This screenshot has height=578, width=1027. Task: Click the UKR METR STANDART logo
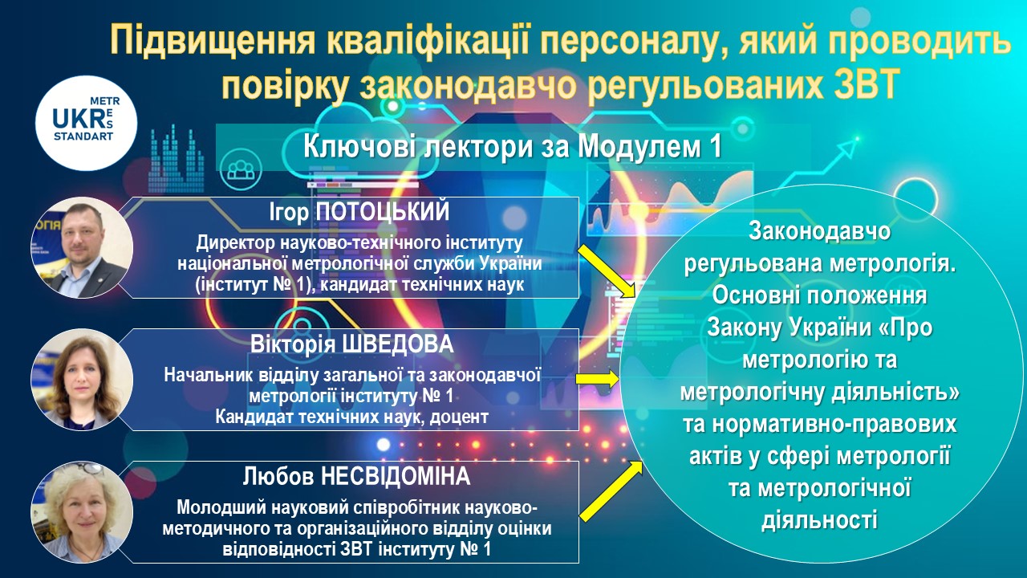coord(86,124)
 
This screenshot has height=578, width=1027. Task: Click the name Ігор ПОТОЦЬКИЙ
coord(359,213)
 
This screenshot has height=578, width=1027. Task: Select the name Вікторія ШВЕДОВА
coord(351,344)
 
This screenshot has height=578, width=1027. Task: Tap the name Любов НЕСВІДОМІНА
coord(356,477)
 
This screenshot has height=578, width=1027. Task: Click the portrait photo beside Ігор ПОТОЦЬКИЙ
coord(82,248)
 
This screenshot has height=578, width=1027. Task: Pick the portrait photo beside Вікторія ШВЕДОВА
coord(82,380)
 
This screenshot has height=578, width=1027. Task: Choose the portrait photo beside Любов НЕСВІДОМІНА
coord(82,512)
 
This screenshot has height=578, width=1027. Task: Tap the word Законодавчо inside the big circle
coord(819,231)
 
